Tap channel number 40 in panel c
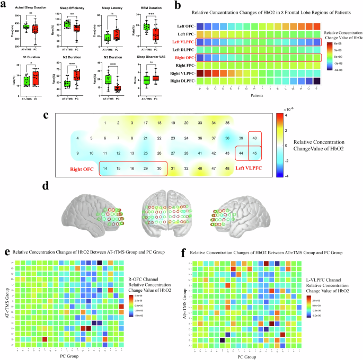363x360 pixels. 255,138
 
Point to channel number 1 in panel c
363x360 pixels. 105,123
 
